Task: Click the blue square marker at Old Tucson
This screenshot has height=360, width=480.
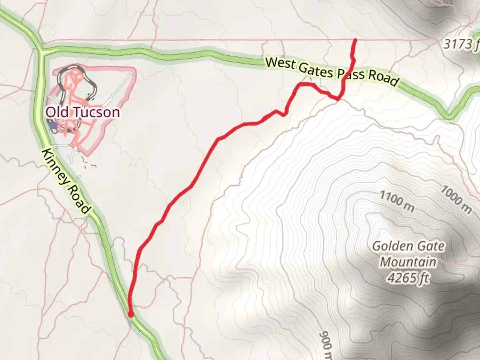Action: (x=53, y=125)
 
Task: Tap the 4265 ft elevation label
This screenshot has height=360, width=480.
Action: (x=408, y=277)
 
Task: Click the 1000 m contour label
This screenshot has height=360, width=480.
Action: (x=456, y=200)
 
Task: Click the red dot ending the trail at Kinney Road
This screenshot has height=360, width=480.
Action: (x=131, y=314)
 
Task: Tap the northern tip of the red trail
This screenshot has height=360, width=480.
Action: (x=355, y=40)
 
